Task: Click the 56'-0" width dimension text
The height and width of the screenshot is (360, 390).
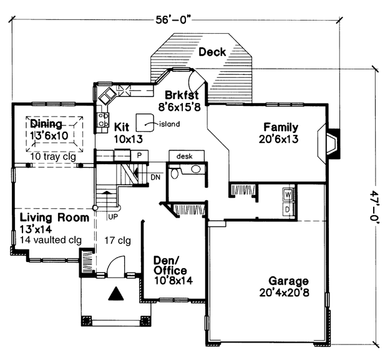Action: (174, 19)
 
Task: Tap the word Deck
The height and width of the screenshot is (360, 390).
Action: (212, 52)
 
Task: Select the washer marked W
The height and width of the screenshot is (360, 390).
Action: (288, 195)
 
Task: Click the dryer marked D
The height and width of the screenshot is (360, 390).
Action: (288, 210)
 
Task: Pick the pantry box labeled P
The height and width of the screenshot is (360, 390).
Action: (140, 155)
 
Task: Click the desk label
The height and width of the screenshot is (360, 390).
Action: (184, 157)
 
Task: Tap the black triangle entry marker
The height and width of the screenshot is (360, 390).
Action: (116, 294)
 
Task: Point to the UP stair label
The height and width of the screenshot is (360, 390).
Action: (113, 216)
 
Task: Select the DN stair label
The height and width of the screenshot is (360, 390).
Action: (155, 177)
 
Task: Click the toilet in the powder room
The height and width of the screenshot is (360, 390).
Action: (175, 173)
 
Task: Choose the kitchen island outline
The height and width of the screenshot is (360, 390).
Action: (145, 122)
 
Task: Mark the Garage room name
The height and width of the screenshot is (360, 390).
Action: (288, 281)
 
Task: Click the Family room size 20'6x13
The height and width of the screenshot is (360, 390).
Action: (278, 139)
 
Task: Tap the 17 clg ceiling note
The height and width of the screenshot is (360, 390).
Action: (117, 241)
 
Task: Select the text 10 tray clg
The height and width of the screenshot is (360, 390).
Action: (53, 157)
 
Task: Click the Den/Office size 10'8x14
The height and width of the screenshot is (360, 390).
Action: (173, 280)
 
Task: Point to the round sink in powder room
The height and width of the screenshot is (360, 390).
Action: (195, 169)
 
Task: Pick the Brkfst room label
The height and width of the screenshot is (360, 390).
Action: (182, 95)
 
